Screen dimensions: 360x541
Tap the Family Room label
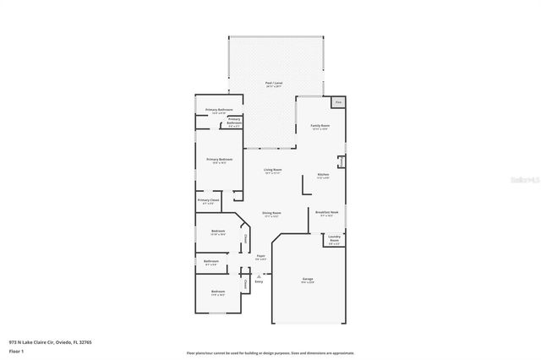point(320,125)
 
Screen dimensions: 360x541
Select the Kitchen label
point(322,175)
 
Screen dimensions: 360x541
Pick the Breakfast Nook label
point(327,212)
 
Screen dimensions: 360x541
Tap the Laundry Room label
point(334,240)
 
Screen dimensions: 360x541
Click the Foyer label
point(261,255)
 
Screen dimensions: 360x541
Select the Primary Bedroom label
point(219,159)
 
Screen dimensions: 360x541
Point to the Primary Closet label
point(209,201)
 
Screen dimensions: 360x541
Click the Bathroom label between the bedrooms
point(211,261)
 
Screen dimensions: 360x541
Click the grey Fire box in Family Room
point(338,102)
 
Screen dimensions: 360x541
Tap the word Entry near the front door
point(247,282)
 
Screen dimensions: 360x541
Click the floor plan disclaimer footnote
point(270,352)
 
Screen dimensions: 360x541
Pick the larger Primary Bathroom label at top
point(219,110)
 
